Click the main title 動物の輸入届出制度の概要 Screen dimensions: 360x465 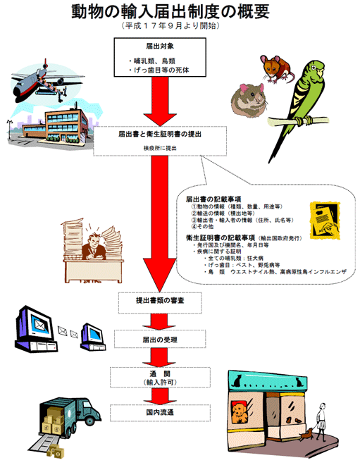(170, 11)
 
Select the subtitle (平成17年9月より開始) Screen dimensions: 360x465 (170, 26)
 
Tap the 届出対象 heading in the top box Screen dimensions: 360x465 (160, 46)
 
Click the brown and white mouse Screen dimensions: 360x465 (276, 68)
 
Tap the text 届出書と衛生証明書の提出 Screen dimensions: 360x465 (160, 135)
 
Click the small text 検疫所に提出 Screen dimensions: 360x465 (160, 148)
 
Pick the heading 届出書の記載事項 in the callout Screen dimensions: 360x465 (213, 199)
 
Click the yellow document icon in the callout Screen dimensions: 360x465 (325, 221)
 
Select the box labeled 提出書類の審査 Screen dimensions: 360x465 (160, 303)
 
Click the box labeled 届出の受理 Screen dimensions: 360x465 (160, 339)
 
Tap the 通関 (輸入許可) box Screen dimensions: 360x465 (160, 377)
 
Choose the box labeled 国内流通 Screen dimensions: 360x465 (160, 412)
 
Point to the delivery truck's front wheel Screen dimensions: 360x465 (89, 420)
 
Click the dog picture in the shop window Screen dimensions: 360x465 (240, 411)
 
